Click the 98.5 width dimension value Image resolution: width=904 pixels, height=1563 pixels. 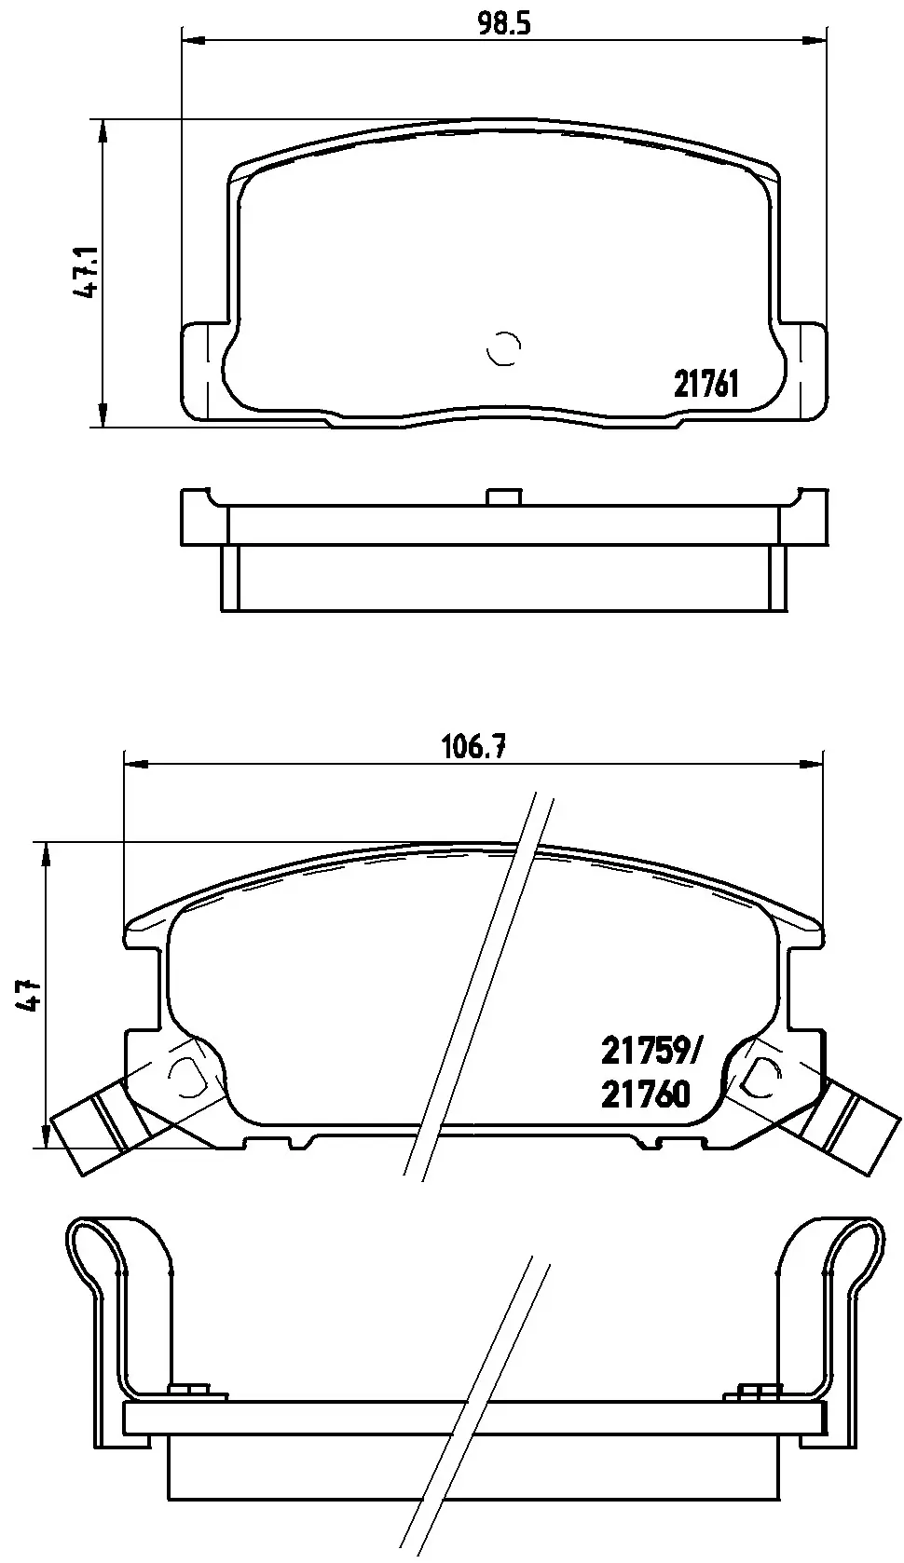coord(504,23)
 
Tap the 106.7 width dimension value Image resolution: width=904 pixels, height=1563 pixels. coord(473,748)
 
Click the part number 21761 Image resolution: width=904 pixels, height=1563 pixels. coord(705,383)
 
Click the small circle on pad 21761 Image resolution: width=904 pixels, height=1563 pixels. coord(504,347)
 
